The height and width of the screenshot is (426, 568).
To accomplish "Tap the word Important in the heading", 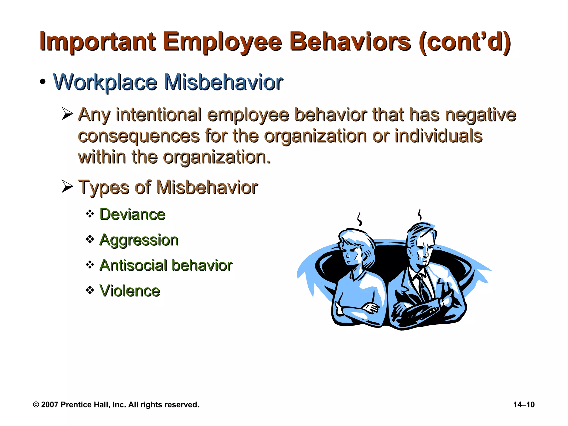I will [x=97, y=42].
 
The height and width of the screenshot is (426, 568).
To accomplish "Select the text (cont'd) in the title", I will [x=465, y=42].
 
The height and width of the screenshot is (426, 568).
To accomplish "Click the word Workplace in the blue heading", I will [x=105, y=82].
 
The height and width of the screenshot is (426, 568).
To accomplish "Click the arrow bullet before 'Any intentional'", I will [x=67, y=114].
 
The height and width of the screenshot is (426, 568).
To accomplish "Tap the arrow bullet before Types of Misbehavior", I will [x=67, y=186].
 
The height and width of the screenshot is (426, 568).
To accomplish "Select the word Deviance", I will [x=132, y=214].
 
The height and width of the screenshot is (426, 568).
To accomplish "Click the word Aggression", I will [x=139, y=240].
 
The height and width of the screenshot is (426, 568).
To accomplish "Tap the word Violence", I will [x=130, y=291].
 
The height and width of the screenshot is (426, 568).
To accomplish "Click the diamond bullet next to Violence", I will [x=90, y=290].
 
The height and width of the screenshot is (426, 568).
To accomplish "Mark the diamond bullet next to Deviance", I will [x=90, y=214].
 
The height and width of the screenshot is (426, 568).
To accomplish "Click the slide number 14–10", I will [x=524, y=405].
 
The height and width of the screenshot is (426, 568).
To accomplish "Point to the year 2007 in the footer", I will [x=50, y=405].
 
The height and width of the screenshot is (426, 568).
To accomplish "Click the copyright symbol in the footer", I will [x=36, y=405].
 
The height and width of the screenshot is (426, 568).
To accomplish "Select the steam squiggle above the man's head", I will [x=420, y=214].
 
